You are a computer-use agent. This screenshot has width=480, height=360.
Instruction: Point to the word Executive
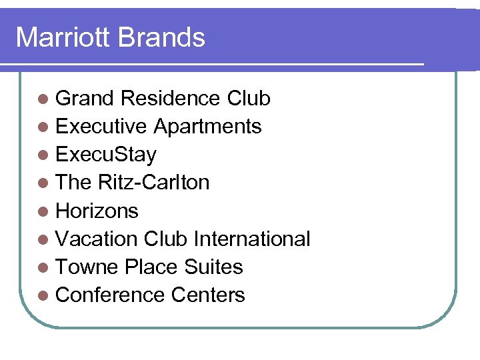pos(101,127)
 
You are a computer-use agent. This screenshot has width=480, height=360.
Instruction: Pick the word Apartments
pos(208,127)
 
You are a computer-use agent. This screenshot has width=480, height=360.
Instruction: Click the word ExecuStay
pos(106,155)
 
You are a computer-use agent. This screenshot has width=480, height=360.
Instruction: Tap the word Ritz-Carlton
pos(154,183)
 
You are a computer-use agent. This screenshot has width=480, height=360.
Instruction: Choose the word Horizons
pos(97,211)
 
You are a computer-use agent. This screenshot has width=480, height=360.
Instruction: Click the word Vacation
pos(97,239)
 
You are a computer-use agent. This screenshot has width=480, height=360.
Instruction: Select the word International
pos(252,239)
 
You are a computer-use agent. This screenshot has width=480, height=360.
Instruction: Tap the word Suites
pos(213,267)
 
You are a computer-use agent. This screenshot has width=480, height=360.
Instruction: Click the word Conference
pos(110,295)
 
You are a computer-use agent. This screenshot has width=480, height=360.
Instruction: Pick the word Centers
pos(208,295)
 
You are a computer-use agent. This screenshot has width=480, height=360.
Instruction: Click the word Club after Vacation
pos(166,239)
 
